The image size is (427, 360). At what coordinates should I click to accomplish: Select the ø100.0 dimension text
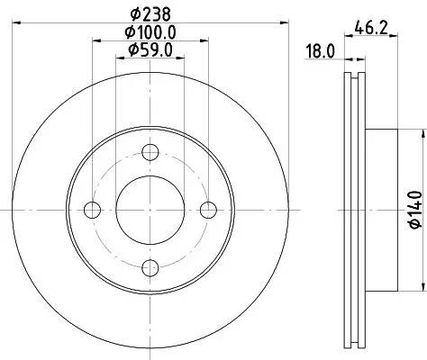[150, 32]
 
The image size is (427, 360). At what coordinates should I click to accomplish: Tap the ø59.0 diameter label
[150, 49]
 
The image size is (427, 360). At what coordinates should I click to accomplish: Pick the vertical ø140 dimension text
[416, 210]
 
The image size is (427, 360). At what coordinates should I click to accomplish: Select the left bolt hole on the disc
[91, 210]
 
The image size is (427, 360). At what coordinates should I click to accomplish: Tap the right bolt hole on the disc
[209, 210]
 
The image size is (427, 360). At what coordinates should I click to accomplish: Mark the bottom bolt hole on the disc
[150, 267]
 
